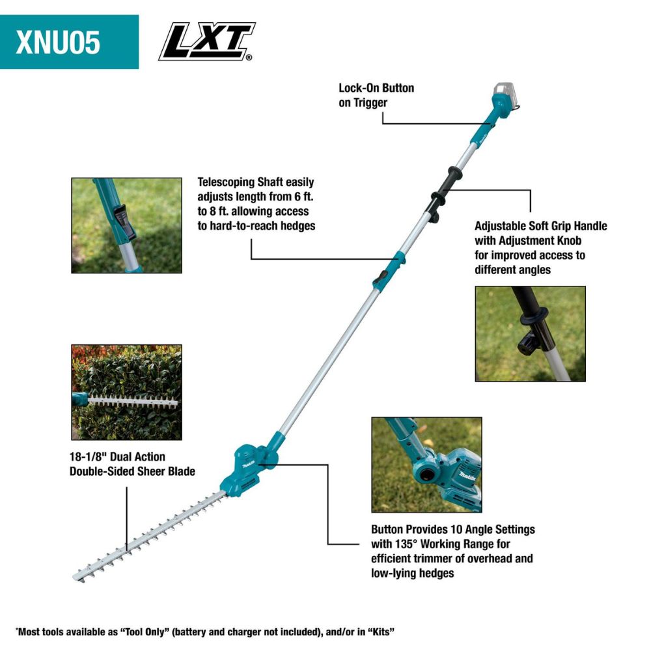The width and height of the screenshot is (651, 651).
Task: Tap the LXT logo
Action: point(206,42)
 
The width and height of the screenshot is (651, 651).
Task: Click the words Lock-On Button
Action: point(376,88)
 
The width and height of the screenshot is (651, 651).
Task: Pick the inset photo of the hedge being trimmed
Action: point(126,392)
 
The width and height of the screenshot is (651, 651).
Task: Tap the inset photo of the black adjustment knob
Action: point(530,333)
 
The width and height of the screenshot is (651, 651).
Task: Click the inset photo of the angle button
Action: point(426,465)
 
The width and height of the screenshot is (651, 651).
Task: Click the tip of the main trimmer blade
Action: point(77,576)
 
